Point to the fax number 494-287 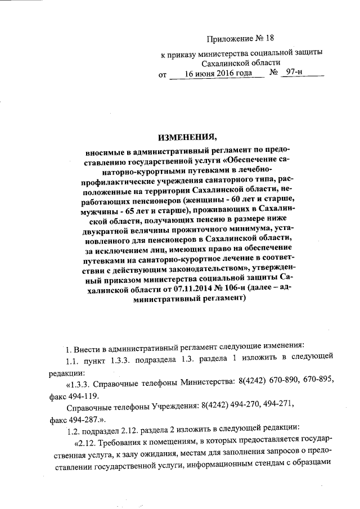(84, 419)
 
